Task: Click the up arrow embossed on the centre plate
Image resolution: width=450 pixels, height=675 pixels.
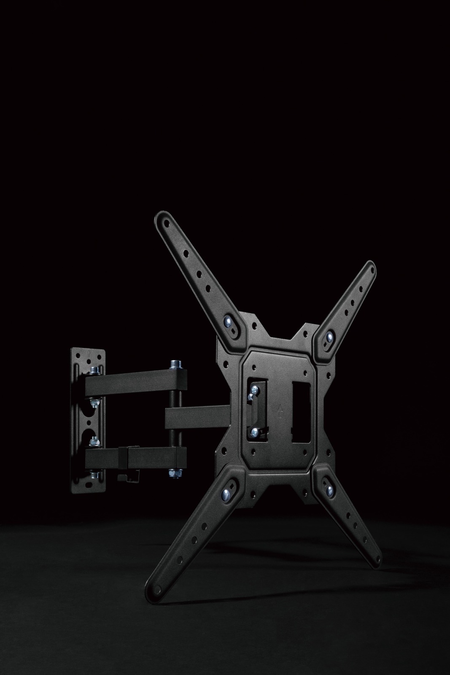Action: [279, 409]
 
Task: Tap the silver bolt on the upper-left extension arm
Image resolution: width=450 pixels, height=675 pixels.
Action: [229, 322]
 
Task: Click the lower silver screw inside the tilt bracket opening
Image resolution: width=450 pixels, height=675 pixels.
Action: [255, 431]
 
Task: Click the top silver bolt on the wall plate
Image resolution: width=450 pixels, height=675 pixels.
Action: [94, 371]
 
